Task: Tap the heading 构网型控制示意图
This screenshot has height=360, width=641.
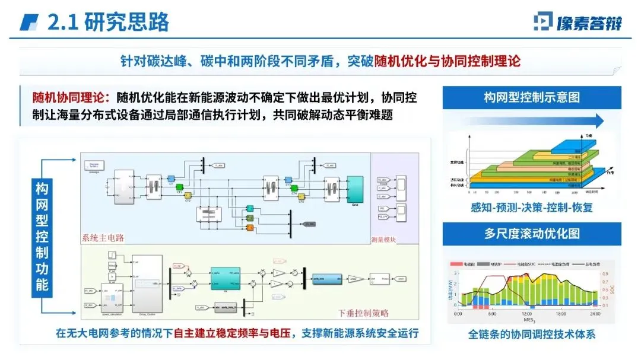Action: pos(532,97)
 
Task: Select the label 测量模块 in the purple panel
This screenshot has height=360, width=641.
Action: pos(394,240)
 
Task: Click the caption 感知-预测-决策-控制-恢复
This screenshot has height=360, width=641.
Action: pos(532,208)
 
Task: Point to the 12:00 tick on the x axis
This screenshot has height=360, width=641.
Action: pos(527,313)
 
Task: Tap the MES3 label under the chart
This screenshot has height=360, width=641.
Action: pos(527,320)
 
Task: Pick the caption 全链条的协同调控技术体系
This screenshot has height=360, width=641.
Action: pos(532,334)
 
